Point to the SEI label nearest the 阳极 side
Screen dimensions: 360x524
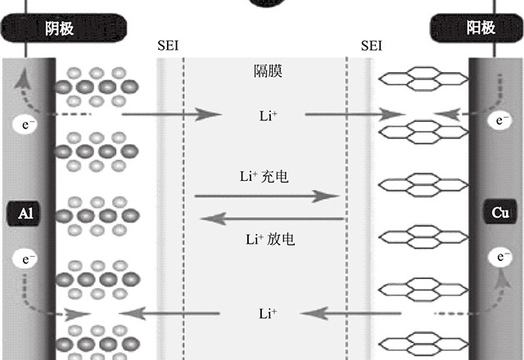[x=371, y=46]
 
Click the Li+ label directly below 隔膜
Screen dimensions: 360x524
[x=268, y=117]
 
